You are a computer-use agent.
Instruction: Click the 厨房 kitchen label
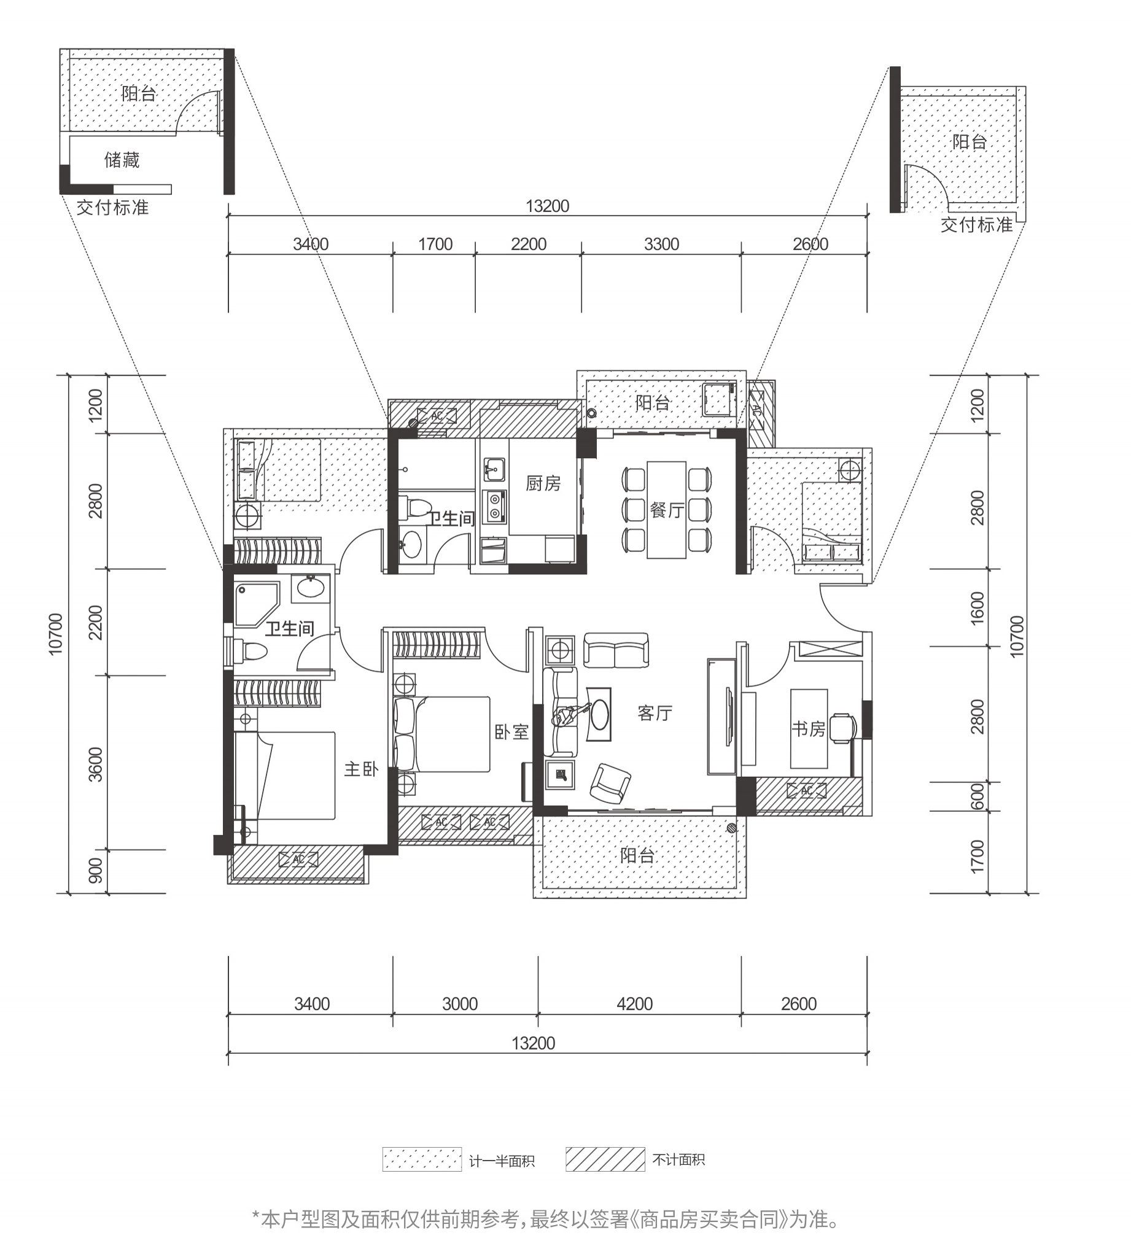click(543, 484)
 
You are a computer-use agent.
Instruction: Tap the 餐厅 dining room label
click(667, 510)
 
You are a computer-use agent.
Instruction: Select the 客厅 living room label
click(655, 713)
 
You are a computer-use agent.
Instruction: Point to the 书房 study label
click(808, 729)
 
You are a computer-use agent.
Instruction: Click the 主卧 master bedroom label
click(361, 769)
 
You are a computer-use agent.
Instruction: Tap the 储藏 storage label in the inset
click(122, 160)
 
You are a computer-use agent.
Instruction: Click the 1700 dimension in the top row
click(435, 244)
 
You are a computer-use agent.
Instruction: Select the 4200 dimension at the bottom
click(635, 1004)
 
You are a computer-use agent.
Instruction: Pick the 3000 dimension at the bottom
click(460, 1004)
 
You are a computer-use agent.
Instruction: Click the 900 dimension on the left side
click(96, 871)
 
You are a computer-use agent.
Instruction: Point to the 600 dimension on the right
click(977, 796)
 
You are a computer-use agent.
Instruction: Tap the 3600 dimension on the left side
click(96, 764)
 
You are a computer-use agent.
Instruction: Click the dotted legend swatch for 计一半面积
click(422, 1159)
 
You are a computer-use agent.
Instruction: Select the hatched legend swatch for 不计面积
click(605, 1159)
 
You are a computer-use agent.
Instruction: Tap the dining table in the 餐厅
click(666, 510)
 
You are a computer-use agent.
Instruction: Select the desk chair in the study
click(842, 729)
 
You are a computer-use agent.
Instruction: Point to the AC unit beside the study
click(807, 791)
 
